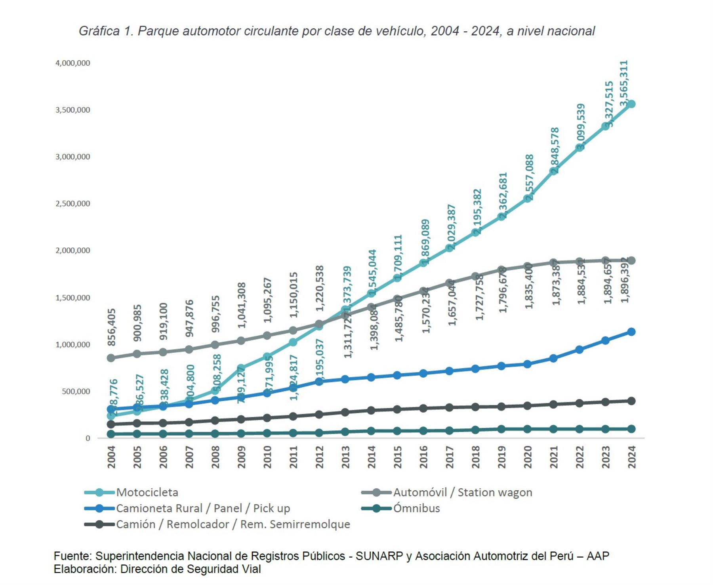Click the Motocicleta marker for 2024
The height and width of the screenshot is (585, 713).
631,104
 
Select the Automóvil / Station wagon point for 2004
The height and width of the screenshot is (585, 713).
111,358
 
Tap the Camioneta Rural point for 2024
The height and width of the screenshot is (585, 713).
631,332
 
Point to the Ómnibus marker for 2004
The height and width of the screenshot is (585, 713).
111,434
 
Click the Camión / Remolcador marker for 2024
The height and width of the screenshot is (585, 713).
631,401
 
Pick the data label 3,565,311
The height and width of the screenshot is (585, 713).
624,83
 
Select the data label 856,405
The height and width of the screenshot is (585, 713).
112,327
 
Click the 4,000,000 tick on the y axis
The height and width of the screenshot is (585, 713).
73,63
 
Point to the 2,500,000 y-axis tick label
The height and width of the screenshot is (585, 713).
73,204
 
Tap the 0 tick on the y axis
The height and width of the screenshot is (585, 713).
88,438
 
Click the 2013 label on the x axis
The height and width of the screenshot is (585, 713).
346,457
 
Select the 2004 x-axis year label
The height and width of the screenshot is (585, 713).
112,457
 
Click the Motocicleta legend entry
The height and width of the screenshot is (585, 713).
147,493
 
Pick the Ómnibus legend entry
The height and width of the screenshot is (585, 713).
416,509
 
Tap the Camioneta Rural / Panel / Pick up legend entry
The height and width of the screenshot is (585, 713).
203,509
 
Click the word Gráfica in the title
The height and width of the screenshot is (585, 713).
99,31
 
